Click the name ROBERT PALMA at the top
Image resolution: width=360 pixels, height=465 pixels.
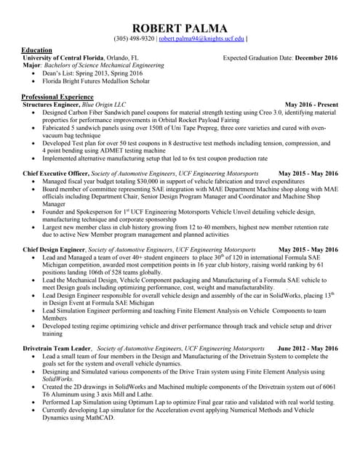180,27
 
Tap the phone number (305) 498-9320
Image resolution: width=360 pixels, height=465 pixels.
134,39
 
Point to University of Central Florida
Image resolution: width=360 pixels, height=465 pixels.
63,57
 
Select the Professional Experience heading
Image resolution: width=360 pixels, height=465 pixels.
57,97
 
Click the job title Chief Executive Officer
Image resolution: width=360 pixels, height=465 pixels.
56,174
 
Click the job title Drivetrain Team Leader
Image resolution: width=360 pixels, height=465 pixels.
57,349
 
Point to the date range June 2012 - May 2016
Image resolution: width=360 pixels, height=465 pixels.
308,349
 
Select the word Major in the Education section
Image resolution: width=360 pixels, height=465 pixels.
32,65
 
